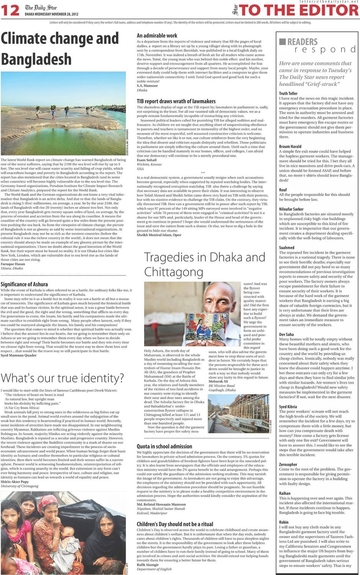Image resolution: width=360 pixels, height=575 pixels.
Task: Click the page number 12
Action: click(x=10, y=10)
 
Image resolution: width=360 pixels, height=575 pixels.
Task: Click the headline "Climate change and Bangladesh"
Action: click(x=60, y=49)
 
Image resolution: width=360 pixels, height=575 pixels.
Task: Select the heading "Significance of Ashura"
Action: click(x=24, y=284)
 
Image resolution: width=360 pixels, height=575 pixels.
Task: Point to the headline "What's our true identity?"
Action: click(x=62, y=378)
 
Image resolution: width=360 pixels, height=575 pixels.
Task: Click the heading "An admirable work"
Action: click(x=157, y=35)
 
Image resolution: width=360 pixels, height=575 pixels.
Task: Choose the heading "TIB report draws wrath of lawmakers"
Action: click(x=176, y=101)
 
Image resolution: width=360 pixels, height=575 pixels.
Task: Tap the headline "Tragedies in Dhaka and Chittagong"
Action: click(x=204, y=264)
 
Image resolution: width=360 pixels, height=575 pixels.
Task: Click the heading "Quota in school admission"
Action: click(x=164, y=446)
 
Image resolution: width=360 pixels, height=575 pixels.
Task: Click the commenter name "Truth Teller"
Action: click(x=288, y=93)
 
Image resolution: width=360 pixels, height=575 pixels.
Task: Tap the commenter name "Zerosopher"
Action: click(x=288, y=464)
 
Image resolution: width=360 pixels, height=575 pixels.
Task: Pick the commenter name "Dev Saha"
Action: click(x=286, y=334)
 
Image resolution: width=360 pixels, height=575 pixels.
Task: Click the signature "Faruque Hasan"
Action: click(x=13, y=264)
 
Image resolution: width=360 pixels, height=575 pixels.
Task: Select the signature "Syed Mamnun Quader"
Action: click(x=18, y=355)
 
